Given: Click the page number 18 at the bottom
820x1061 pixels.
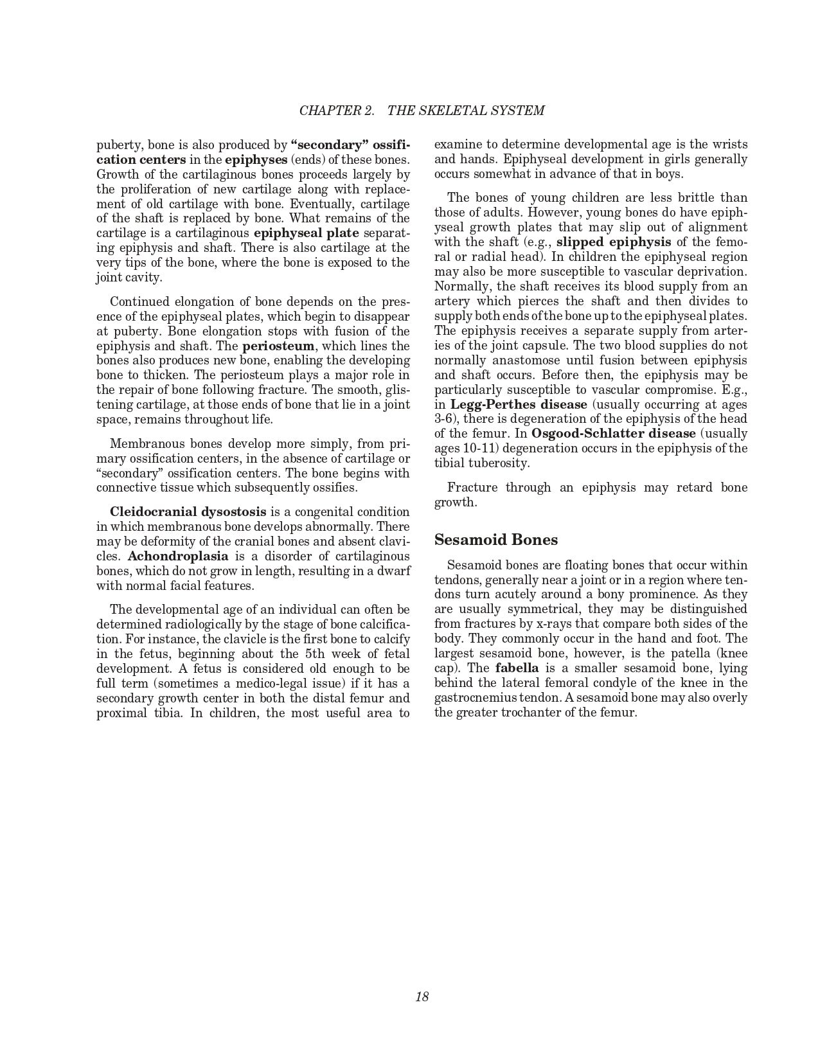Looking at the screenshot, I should coord(422,997).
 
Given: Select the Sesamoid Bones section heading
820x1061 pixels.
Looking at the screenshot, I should coord(496,540).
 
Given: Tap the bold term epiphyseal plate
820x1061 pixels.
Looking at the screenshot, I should coord(307,233).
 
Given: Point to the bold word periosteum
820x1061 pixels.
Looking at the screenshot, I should coord(278,346).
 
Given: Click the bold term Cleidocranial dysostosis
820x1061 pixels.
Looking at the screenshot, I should coord(188,512).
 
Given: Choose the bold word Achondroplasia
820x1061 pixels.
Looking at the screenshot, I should coord(178,556).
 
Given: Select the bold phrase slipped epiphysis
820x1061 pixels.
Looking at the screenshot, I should coord(614,242).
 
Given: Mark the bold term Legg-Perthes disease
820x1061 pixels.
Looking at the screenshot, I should coord(519,404).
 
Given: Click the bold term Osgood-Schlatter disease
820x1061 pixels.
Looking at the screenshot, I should coord(614,434).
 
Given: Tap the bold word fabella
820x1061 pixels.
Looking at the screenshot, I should coord(517,668).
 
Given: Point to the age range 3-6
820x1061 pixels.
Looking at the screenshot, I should coord(445,419).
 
